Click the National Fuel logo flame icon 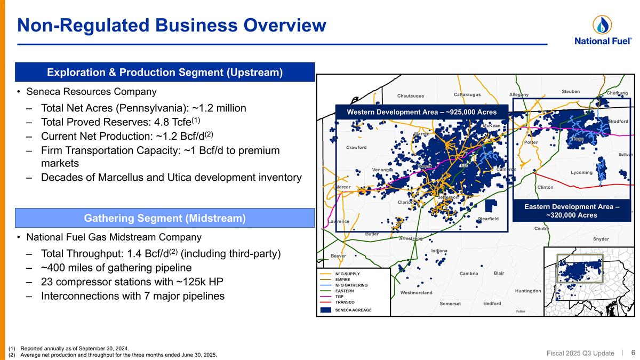[x=602, y=24]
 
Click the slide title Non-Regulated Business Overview [x=171, y=25]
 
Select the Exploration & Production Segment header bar [x=164, y=72]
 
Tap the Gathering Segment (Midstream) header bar [x=164, y=218]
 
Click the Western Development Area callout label [x=421, y=112]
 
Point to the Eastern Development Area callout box [x=571, y=210]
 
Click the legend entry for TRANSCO [x=345, y=302]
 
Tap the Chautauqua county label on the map [x=410, y=96]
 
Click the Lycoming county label [x=581, y=173]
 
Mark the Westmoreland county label [x=416, y=293]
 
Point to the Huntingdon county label [x=528, y=291]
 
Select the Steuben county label [x=571, y=91]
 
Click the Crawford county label [x=356, y=147]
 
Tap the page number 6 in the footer [x=633, y=352]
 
